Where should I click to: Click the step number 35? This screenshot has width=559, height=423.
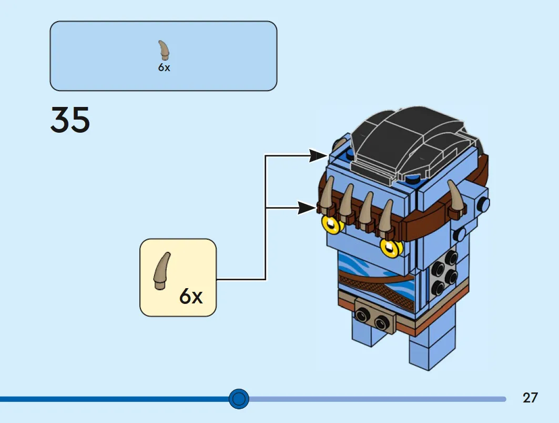(x=70, y=120)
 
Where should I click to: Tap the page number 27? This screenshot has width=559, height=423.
(x=530, y=397)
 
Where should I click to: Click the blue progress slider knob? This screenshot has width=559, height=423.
(x=239, y=399)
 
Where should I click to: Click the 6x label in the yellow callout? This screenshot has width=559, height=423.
(x=190, y=297)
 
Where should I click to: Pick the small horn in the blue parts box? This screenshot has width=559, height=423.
(x=165, y=51)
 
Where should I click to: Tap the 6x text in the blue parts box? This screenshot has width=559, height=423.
(x=164, y=68)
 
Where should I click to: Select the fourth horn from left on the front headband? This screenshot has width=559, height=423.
(x=386, y=218)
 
